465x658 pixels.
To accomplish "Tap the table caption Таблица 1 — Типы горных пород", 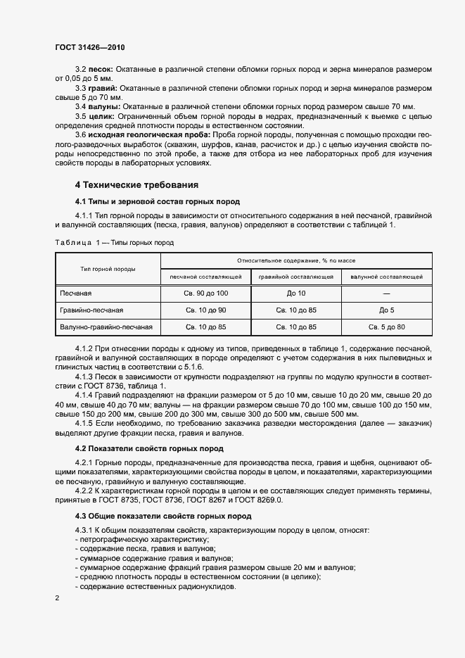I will point(115,242).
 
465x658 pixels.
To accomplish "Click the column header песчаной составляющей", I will point(205,277).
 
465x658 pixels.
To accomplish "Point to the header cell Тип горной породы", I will point(108,268).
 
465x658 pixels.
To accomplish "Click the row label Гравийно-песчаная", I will point(92,310).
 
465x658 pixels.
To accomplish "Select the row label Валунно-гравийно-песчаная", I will point(106,327).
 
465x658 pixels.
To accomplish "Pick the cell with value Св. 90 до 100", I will point(205,293).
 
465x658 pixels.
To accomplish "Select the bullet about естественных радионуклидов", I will point(158,587).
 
